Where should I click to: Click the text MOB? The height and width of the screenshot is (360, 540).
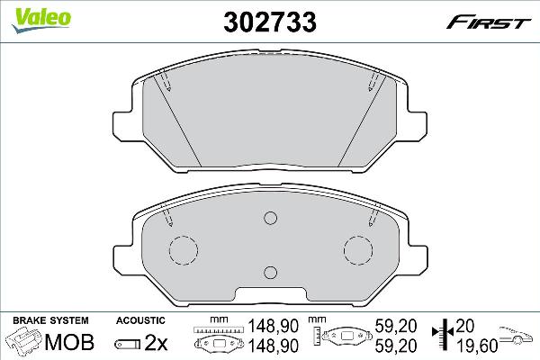pos(62,343)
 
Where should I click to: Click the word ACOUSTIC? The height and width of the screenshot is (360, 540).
pos(140,320)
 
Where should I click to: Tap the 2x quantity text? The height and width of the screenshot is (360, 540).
pos(157,343)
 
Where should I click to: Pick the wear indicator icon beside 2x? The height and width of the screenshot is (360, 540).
pos(130,343)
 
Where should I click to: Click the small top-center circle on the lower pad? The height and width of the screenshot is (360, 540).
pos(270,218)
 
